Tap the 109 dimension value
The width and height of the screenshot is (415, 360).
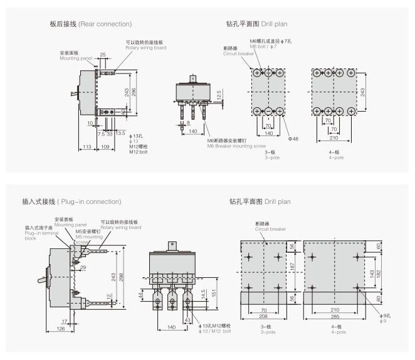pos(106,147)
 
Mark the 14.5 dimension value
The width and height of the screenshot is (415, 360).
pos(204,294)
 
